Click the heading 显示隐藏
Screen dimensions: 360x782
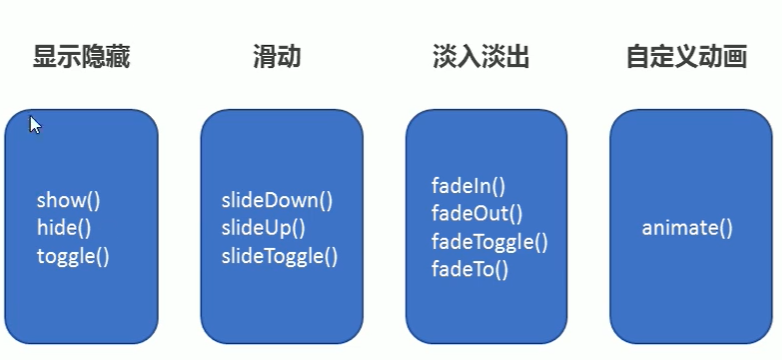pyautogui.click(x=81, y=57)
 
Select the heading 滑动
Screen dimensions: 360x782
pyautogui.click(x=277, y=57)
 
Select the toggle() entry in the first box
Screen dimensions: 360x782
pyautogui.click(x=73, y=255)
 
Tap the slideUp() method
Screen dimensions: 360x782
pyautogui.click(x=263, y=227)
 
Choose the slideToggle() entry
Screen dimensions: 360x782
pyautogui.click(x=280, y=255)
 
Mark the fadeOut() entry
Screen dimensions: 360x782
pyautogui.click(x=477, y=212)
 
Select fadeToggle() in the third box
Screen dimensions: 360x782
pyautogui.click(x=490, y=240)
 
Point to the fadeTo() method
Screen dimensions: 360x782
pyautogui.click(x=470, y=268)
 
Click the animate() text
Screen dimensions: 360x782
pyautogui.click(x=687, y=227)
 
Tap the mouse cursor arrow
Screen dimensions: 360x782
pyautogui.click(x=34, y=123)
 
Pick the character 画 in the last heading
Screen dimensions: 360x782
pyautogui.click(x=735, y=57)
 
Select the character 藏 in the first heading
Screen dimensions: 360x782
pyautogui.click(x=117, y=57)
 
